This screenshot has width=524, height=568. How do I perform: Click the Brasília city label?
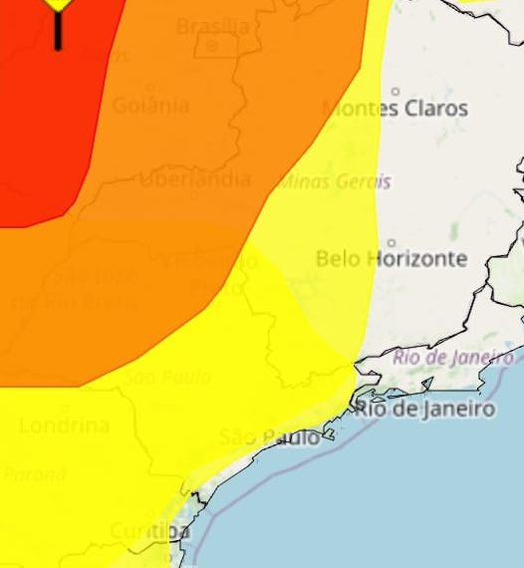[x=212, y=26]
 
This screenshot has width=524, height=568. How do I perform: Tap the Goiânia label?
[x=150, y=106]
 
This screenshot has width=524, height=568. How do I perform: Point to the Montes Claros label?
[x=394, y=109]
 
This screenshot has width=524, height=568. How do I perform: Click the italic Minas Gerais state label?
[x=336, y=182]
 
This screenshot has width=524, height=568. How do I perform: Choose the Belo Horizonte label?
[x=391, y=259]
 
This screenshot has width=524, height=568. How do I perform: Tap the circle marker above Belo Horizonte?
[x=391, y=242]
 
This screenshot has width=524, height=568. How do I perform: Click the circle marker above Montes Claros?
[x=395, y=92]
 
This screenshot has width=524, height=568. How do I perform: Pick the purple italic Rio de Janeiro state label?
[x=453, y=357]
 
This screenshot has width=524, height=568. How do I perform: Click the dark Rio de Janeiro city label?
[x=424, y=409]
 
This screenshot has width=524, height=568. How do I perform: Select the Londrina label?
[x=64, y=426]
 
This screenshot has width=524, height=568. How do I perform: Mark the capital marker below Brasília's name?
[x=212, y=46]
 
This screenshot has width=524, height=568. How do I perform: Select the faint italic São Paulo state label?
[x=167, y=378]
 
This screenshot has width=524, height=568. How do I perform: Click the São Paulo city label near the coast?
[x=270, y=437]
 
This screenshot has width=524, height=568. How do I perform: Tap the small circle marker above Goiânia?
[x=150, y=89]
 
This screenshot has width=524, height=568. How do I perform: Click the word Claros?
[x=434, y=109]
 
